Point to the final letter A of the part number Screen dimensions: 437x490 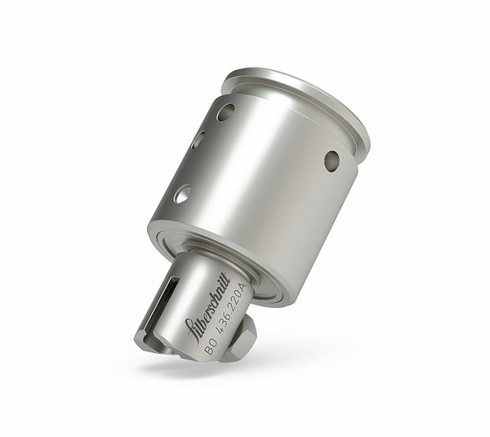click(242, 287)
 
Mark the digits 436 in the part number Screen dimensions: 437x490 click(219, 331)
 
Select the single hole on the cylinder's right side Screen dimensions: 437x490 click(331, 161)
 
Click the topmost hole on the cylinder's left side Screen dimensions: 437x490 click(225, 112)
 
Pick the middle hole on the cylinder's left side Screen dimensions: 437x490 click(198, 140)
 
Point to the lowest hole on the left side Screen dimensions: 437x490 click(182, 194)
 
